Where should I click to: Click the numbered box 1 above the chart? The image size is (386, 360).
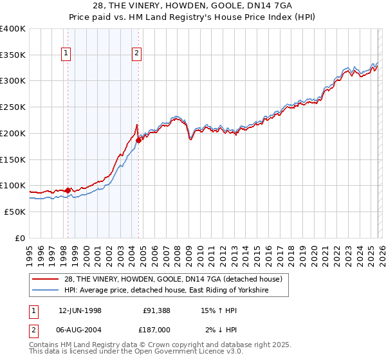(68, 54)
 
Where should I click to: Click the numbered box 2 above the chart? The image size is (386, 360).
(138, 54)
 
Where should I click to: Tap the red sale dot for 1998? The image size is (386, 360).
(68, 190)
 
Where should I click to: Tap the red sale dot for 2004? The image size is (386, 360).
(138, 139)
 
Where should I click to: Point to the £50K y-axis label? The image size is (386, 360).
(15, 212)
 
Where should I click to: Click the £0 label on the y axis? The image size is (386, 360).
(21, 238)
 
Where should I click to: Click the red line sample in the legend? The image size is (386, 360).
(47, 279)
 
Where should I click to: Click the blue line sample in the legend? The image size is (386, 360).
(47, 291)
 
